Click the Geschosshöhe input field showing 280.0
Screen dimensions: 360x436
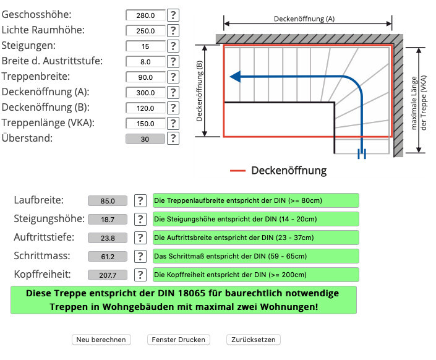145,15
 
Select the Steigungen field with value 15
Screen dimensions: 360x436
145,46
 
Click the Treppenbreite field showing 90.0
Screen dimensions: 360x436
145,77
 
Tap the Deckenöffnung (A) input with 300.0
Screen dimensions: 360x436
145,92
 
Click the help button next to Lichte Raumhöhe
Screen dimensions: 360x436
173,30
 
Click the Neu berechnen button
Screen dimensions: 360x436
102,340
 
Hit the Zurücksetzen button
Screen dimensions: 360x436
254,340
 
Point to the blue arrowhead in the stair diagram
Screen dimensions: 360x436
235,77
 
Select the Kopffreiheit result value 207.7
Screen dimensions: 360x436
108,275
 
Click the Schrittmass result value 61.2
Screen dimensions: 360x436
108,257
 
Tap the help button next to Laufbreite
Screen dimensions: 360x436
141,200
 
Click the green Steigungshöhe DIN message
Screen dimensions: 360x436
255,219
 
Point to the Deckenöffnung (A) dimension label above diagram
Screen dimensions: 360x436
304,19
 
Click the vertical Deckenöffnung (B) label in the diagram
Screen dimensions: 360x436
200,90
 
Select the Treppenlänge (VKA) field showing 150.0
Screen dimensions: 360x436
145,123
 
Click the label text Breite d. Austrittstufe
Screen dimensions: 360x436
52,61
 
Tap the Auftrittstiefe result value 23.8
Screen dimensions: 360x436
108,238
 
